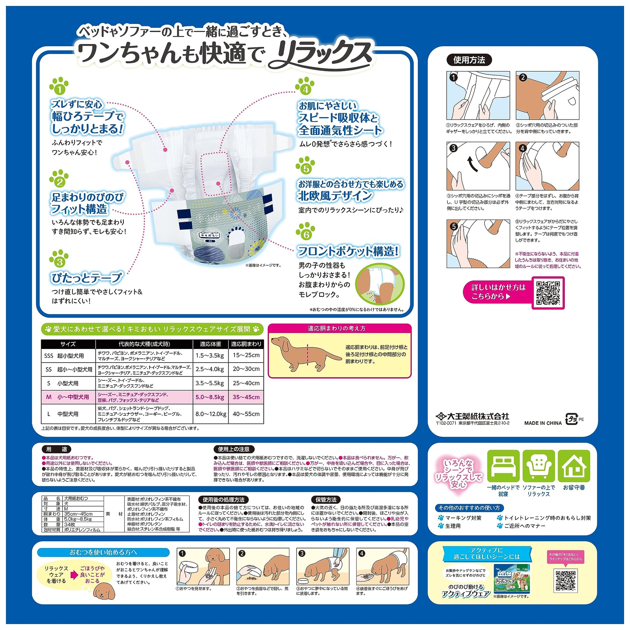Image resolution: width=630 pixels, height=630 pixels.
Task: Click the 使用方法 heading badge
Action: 469,60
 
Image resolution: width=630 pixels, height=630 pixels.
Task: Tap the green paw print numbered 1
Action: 59,86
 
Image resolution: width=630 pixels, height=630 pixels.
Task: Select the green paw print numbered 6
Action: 306,231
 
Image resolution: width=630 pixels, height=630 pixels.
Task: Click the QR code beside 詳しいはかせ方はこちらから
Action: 548,293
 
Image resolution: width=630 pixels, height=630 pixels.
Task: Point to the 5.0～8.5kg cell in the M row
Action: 210,397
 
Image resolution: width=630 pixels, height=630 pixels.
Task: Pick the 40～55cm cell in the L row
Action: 246,414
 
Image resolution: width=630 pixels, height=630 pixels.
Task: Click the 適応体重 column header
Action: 210,344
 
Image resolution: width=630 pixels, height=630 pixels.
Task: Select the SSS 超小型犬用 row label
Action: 64,356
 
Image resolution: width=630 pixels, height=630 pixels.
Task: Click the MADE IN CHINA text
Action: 543,423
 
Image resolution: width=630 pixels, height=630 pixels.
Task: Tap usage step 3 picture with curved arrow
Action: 478,166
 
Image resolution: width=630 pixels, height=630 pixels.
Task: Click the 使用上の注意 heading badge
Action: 233,449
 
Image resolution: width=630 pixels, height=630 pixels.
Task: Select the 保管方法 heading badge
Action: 326,500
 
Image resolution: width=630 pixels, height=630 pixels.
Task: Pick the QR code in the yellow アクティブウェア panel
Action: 566,581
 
